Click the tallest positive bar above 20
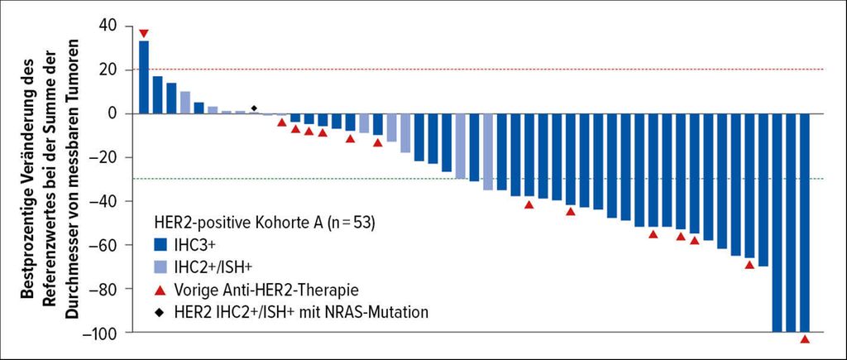click(144, 77)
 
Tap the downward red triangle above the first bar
click(144, 33)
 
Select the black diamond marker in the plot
click(254, 108)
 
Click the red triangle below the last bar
click(805, 339)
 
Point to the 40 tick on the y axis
click(110, 26)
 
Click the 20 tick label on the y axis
click(110, 70)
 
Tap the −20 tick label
click(106, 157)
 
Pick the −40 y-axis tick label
click(106, 201)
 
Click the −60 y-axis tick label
click(106, 245)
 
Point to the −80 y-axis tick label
click(106, 289)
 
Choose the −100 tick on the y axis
click(103, 332)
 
